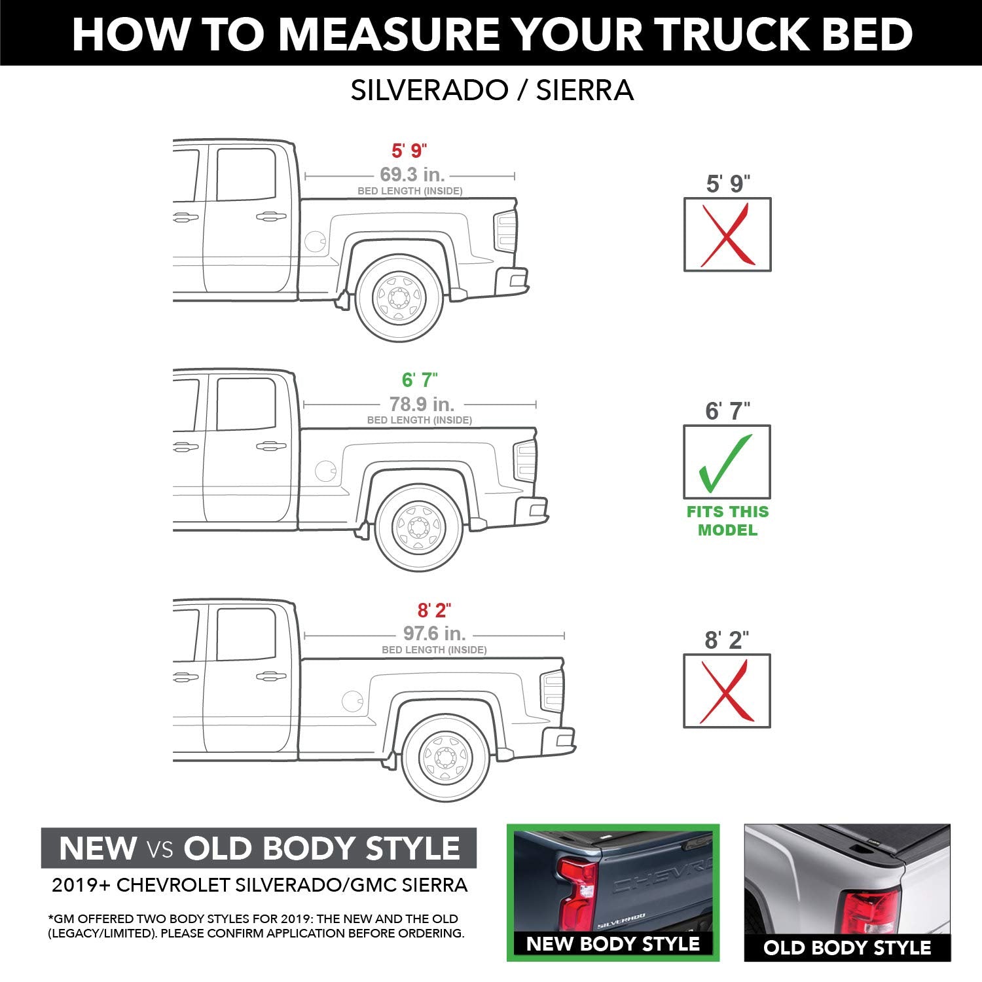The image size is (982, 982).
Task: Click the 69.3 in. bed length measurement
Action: [x=412, y=175]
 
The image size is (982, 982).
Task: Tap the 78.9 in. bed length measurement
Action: [x=422, y=404]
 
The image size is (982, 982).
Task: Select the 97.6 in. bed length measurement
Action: [x=434, y=634]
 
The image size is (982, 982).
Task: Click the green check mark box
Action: [x=727, y=462]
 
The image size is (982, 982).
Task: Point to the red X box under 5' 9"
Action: [x=727, y=234]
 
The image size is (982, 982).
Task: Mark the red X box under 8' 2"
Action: [x=727, y=691]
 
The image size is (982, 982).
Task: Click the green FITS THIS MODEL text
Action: [x=727, y=520]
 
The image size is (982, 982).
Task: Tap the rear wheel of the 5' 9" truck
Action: [x=399, y=298]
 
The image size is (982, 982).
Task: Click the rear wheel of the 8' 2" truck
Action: [x=446, y=758]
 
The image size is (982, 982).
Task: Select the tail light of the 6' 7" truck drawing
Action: [x=525, y=461]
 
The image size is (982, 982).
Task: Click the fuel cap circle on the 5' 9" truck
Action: [x=315, y=241]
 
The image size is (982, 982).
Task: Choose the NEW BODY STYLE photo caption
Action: [x=613, y=943]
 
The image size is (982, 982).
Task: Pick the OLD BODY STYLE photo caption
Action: [x=847, y=947]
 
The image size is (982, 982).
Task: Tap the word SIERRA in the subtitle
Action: [x=585, y=90]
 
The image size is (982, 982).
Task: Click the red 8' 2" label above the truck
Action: [x=434, y=610]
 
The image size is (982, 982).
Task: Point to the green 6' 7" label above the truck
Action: [x=420, y=380]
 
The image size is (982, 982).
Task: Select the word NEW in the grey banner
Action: [x=97, y=848]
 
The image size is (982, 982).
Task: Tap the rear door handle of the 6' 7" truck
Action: [x=270, y=446]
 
